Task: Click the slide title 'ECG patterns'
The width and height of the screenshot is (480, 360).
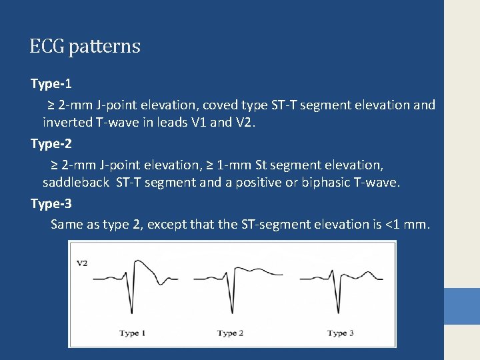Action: tap(85, 47)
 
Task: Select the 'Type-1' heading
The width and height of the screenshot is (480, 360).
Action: tap(51, 85)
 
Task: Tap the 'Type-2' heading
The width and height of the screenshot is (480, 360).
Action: tap(51, 144)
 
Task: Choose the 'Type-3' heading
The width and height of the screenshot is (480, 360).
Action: tap(51, 203)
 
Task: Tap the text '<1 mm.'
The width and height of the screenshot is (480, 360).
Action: tap(408, 225)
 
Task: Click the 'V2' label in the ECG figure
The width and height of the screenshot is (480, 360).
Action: tap(82, 263)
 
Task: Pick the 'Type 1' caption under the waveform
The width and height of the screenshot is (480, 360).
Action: tap(133, 333)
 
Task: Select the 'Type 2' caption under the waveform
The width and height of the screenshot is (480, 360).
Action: tap(230, 333)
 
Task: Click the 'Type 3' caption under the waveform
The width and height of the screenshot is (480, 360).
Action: tap(340, 333)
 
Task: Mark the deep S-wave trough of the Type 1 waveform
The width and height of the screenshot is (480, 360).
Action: tap(138, 311)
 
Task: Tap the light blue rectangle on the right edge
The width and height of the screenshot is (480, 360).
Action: tap(461, 306)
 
